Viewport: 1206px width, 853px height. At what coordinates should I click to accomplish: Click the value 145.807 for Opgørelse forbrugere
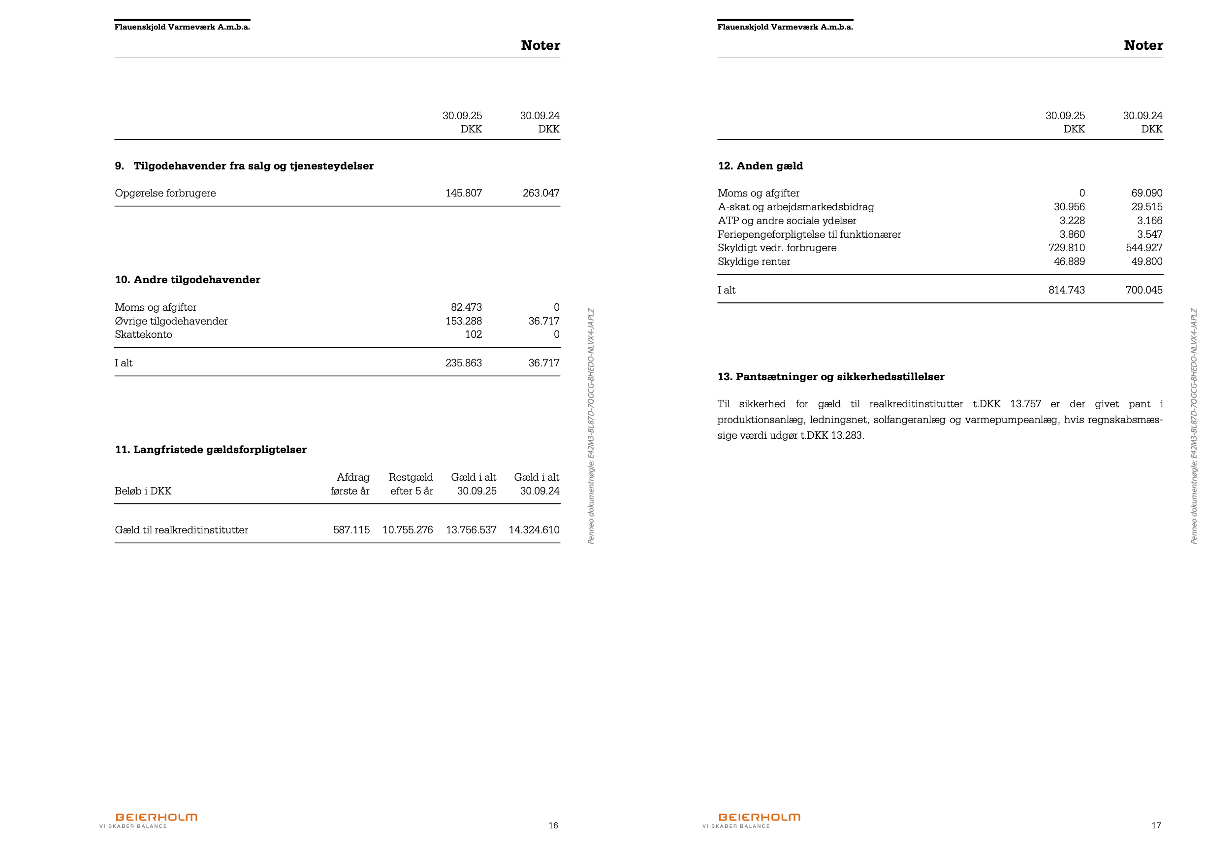463,193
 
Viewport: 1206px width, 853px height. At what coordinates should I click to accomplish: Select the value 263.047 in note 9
540,193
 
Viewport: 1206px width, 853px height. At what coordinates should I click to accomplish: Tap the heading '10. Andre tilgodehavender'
188,280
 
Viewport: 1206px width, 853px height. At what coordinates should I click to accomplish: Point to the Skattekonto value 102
473,334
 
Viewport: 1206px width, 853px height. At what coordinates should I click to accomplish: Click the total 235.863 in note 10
463,362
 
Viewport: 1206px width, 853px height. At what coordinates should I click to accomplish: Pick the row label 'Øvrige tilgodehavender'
171,321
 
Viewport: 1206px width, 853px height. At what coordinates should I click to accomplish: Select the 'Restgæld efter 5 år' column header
411,484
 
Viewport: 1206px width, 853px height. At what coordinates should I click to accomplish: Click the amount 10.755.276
408,530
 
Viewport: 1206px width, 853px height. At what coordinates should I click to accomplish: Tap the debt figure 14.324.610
534,530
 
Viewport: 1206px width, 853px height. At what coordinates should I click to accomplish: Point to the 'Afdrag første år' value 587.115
351,530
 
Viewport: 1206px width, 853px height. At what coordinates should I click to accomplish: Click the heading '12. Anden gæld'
760,166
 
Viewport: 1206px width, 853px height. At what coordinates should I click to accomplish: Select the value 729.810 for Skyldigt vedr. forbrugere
1066,248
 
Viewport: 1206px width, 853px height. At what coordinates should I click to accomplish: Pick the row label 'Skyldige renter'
754,261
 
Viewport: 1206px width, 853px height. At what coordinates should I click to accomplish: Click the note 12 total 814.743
1066,290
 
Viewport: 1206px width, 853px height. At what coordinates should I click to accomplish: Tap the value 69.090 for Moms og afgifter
1146,193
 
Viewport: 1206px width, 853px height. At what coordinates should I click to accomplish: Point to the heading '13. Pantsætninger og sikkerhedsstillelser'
830,376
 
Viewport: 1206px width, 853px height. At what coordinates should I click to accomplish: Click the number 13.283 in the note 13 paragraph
846,435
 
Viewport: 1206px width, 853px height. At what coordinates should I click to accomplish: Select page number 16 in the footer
553,825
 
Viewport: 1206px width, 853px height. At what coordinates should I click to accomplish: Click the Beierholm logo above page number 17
759,817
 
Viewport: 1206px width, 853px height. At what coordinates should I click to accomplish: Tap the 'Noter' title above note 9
540,45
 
